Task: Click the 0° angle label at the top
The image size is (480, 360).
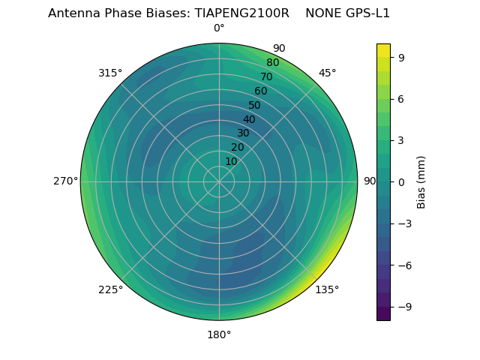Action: click(219, 28)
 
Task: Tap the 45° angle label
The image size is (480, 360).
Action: click(327, 73)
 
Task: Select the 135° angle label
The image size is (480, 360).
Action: click(327, 289)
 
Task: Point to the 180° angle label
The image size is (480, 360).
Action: click(219, 334)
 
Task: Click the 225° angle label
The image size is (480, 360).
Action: click(110, 289)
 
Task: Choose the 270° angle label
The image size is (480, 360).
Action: click(65, 181)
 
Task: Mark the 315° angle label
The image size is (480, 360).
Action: click(110, 73)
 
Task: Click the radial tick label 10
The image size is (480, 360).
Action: click(231, 161)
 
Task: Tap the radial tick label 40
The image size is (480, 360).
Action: click(249, 120)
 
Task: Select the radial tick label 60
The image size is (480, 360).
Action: click(260, 91)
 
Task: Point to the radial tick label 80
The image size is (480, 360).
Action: click(272, 63)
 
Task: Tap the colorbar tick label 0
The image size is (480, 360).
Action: click(402, 182)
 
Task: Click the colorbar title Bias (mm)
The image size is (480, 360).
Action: click(421, 182)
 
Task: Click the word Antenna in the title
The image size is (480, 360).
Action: click(73, 13)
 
